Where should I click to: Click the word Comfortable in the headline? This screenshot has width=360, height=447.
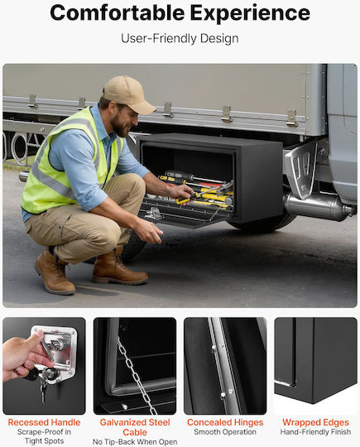118,13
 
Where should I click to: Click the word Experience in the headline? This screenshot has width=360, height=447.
250,14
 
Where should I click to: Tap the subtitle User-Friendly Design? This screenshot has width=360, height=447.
180,38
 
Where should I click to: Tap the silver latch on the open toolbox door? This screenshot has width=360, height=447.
154,214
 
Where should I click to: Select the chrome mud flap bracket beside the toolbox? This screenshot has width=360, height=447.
303,168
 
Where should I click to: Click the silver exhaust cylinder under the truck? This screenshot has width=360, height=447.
319,206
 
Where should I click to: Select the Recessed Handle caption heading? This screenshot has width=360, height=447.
44,422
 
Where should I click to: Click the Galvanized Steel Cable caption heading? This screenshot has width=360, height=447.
135,427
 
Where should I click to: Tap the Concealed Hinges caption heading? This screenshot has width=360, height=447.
225,422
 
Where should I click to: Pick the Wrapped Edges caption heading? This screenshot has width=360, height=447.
315,422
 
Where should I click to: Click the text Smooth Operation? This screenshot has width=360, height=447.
225,432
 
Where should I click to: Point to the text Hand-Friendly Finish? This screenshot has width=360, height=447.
315,432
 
